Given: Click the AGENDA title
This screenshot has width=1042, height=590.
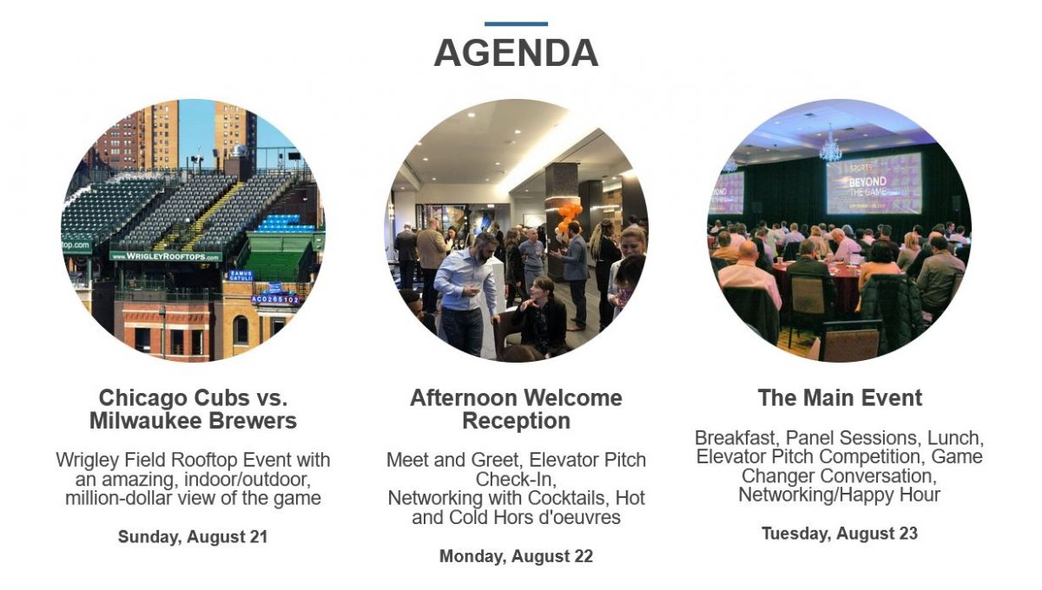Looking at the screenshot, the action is pyautogui.click(x=516, y=53).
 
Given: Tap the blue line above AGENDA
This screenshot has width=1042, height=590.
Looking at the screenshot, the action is pyautogui.click(x=516, y=23).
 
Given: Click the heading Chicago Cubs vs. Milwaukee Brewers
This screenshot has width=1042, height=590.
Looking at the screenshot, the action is pyautogui.click(x=193, y=410).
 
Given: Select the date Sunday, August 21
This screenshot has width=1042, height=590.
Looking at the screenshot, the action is pyautogui.click(x=193, y=536).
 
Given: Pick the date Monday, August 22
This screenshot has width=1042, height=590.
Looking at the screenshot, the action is pyautogui.click(x=516, y=556).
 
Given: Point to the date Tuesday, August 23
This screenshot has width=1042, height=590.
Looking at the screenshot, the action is pyautogui.click(x=840, y=534).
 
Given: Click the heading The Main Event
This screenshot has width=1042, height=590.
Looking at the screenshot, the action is pyautogui.click(x=840, y=398).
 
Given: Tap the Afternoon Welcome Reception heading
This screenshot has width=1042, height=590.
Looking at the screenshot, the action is pyautogui.click(x=516, y=410).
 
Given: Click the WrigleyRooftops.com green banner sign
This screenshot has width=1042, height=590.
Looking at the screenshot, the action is pyautogui.click(x=166, y=256).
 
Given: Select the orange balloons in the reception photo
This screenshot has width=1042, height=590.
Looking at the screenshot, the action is pyautogui.click(x=567, y=219).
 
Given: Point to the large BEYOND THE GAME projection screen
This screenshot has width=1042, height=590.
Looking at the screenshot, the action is pyautogui.click(x=874, y=184).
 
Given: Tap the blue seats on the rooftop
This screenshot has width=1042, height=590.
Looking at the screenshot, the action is pyautogui.click(x=286, y=223).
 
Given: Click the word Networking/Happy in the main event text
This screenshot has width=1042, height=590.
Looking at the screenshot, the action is pyautogui.click(x=817, y=495).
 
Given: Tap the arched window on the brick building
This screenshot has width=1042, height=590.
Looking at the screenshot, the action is pyautogui.click(x=241, y=330).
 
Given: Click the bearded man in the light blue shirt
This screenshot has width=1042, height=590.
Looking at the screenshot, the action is pyautogui.click(x=466, y=294).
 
